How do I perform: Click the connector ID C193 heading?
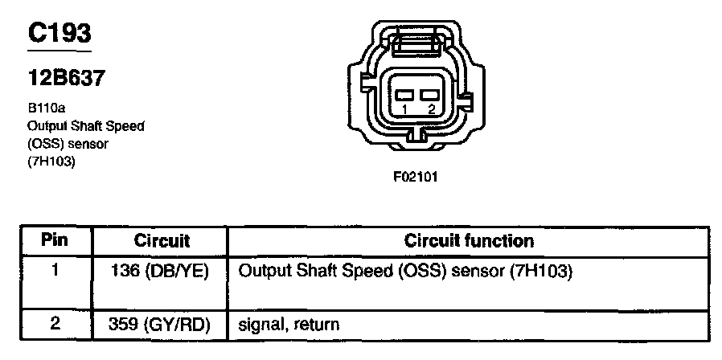click(x=59, y=33)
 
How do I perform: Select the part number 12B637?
click(x=65, y=79)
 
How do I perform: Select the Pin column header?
click(x=55, y=239)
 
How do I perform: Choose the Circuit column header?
click(x=162, y=240)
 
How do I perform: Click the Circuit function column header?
click(x=469, y=240)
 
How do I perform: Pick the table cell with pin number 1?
click(x=55, y=272)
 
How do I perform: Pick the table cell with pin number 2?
click(x=55, y=325)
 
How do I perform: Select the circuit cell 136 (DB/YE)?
click(x=160, y=272)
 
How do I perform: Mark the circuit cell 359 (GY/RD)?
click(x=160, y=325)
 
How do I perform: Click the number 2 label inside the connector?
click(x=432, y=108)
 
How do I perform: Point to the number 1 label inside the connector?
click(x=406, y=108)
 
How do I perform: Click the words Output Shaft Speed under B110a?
click(x=85, y=125)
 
